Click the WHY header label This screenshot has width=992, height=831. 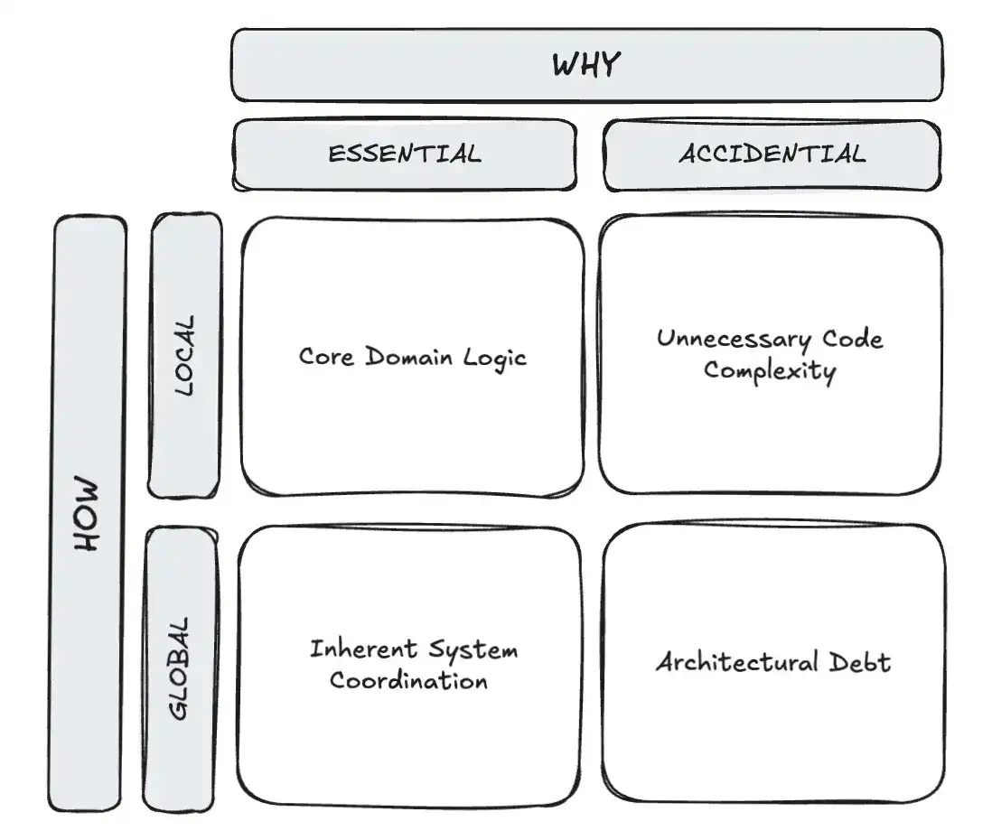coord(586,65)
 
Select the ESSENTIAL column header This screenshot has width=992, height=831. coord(404,154)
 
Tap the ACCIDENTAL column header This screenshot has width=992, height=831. coord(772,154)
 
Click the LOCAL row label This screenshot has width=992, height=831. coord(184,355)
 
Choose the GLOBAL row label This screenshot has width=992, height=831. coord(180,668)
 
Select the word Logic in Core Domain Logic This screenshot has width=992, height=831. coord(494,358)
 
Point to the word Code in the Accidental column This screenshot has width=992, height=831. coord(852,340)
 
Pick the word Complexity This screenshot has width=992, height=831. coord(769,370)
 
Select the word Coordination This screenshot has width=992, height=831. coord(408,680)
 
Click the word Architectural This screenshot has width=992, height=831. coord(725,662)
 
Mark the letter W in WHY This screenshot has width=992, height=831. coord(564,65)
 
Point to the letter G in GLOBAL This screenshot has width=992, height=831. coord(180,707)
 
